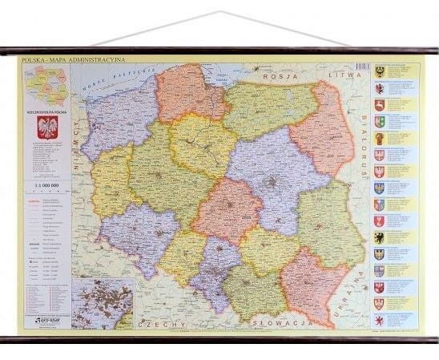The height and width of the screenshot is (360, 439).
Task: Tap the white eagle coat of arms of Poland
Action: coord(48,127)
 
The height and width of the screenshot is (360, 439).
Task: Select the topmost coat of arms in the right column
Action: coord(380,71)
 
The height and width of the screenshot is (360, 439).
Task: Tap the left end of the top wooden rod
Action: coord(3,51)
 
